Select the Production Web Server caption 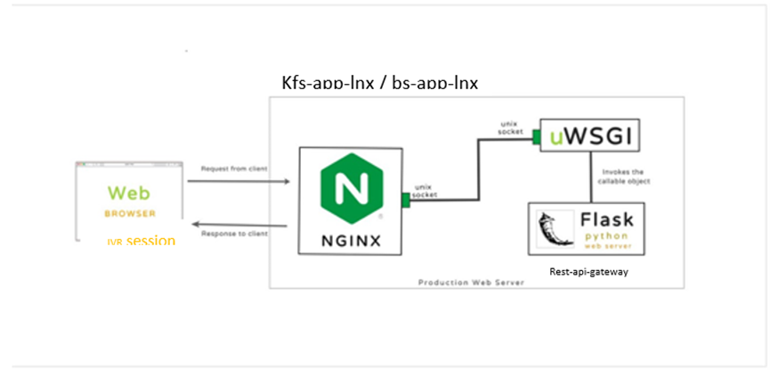(471, 282)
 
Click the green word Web (127, 193)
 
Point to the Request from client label (235, 169)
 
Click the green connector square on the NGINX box (405, 201)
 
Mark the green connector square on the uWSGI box (537, 136)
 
